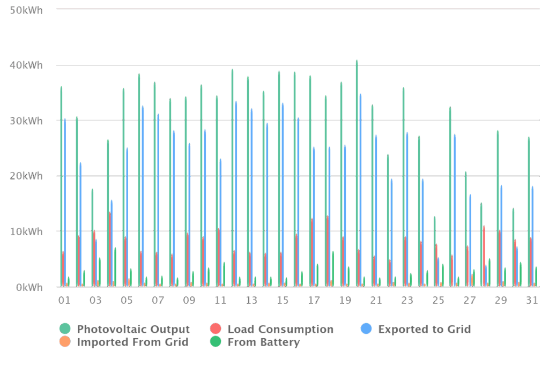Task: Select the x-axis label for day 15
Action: tap(283, 301)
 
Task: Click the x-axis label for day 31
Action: tap(532, 301)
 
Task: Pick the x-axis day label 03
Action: tap(95, 301)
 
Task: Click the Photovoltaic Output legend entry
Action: tap(125, 330)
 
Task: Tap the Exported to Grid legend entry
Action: tap(417, 330)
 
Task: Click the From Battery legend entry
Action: tap(256, 342)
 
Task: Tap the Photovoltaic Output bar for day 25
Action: tap(434, 251)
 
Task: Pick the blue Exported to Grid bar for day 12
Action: tap(236, 193)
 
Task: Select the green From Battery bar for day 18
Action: tap(333, 268)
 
